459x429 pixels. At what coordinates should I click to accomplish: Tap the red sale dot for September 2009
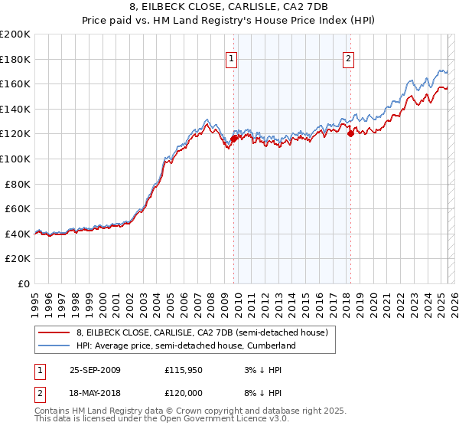pos(234,139)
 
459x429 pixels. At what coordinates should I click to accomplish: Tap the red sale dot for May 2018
pos(350,133)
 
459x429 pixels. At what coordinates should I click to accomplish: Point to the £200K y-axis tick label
pos(15,34)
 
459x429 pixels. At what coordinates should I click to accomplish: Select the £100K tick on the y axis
pos(15,159)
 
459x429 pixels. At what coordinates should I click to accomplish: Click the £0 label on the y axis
pos(23,283)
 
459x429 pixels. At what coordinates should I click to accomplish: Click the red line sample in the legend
pos(55,332)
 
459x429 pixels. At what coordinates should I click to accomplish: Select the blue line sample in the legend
pos(55,345)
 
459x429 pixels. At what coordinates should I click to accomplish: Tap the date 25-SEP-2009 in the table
pos(93,369)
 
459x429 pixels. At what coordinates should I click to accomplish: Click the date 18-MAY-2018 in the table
pos(93,394)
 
